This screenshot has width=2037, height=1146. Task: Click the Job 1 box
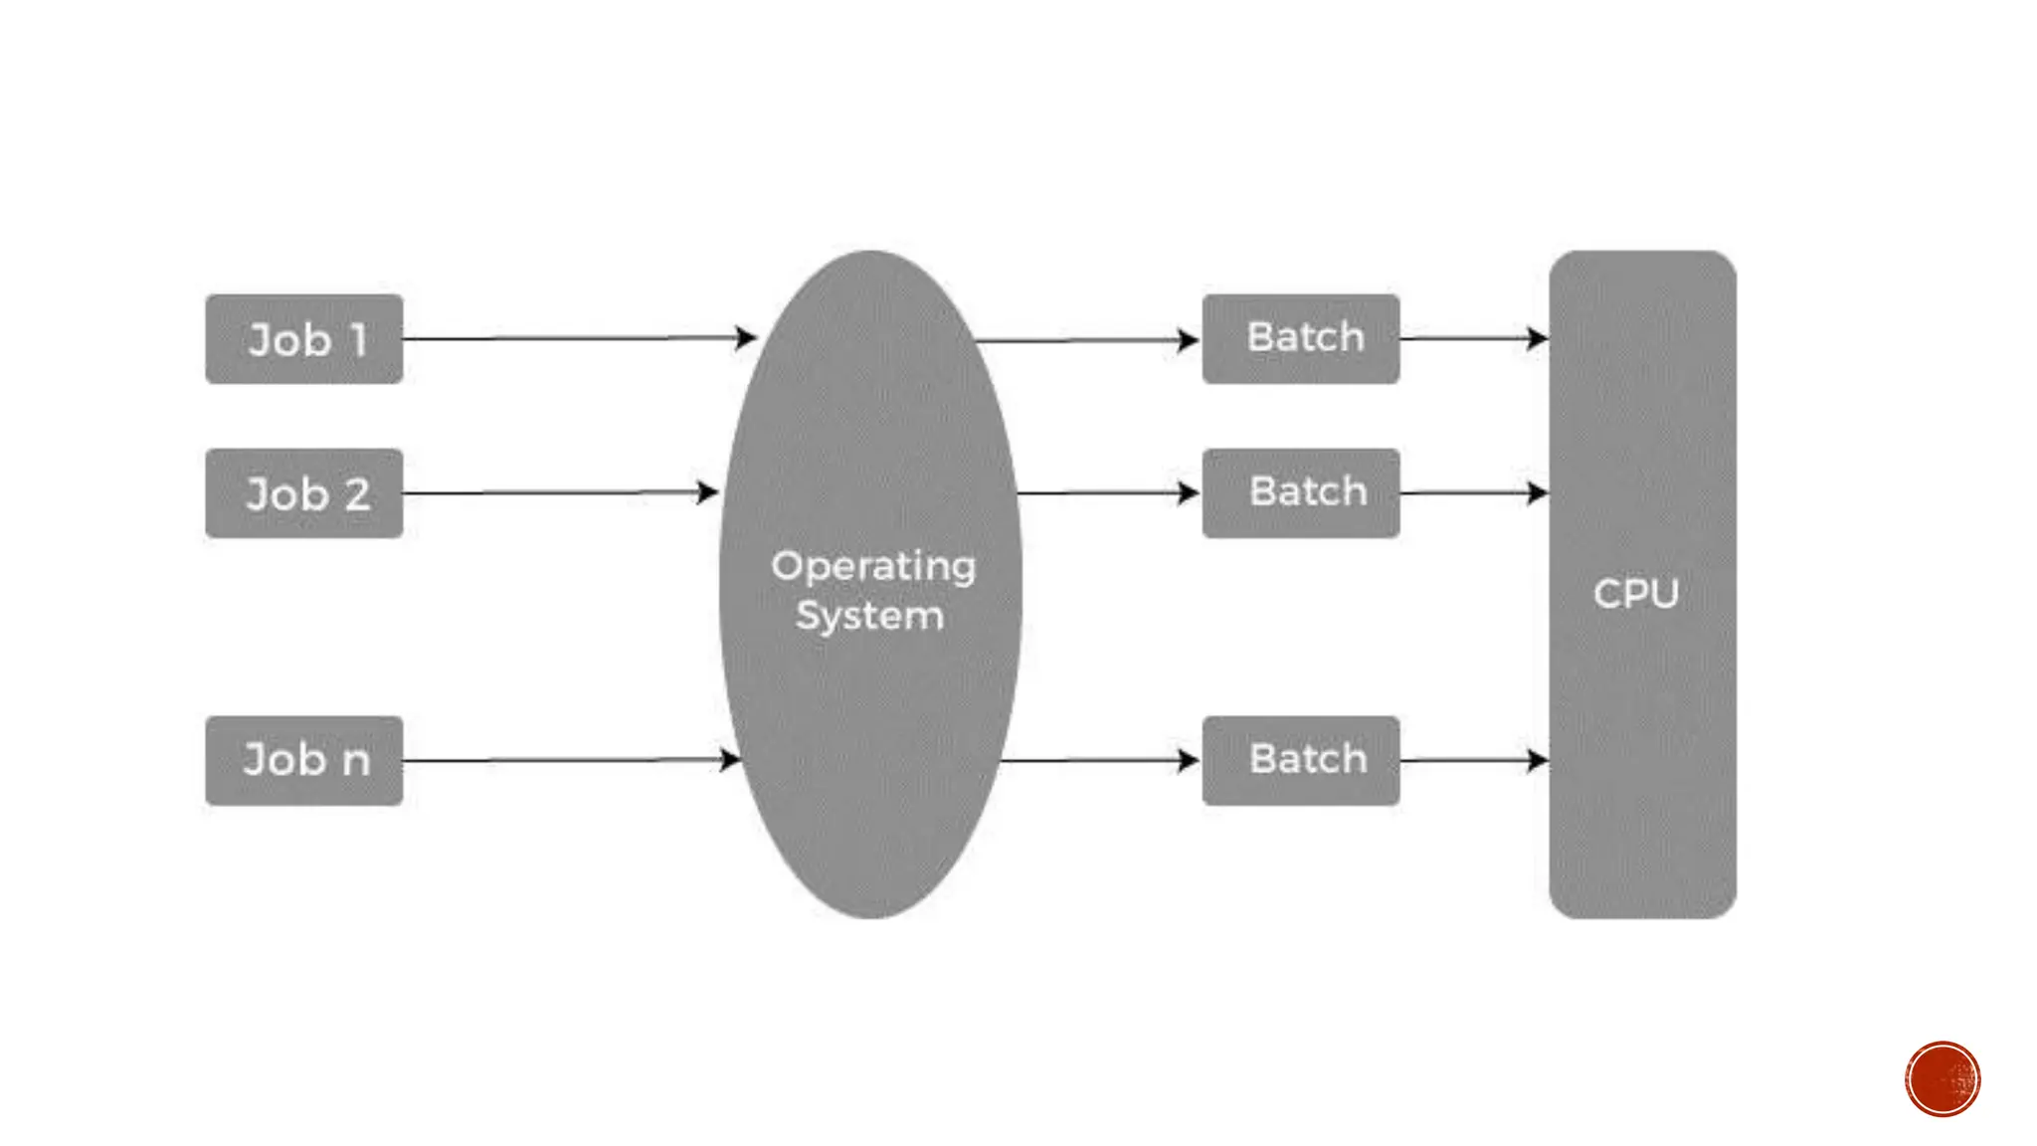[x=304, y=339]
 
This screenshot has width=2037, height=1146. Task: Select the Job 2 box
[x=304, y=493]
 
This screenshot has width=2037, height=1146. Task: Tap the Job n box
[x=304, y=761]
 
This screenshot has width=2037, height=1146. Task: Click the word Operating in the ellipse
[x=873, y=567]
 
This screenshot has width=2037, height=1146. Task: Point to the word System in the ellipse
[x=869, y=616]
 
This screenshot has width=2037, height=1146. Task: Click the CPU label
[x=1636, y=594]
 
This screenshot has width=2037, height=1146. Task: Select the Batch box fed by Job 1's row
[x=1301, y=339]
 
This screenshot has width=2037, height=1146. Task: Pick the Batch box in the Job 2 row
[x=1301, y=493]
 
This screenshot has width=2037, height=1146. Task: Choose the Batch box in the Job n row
[x=1301, y=761]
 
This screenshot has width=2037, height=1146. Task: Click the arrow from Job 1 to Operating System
[x=577, y=338]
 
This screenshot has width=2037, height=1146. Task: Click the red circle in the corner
[x=1943, y=1079]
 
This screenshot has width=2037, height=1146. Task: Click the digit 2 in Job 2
[x=357, y=494]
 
